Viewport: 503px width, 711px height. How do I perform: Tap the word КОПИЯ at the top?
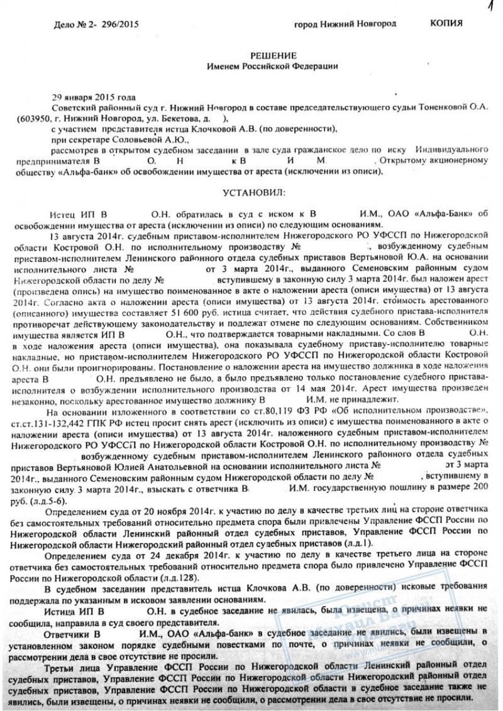tap(446, 23)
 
